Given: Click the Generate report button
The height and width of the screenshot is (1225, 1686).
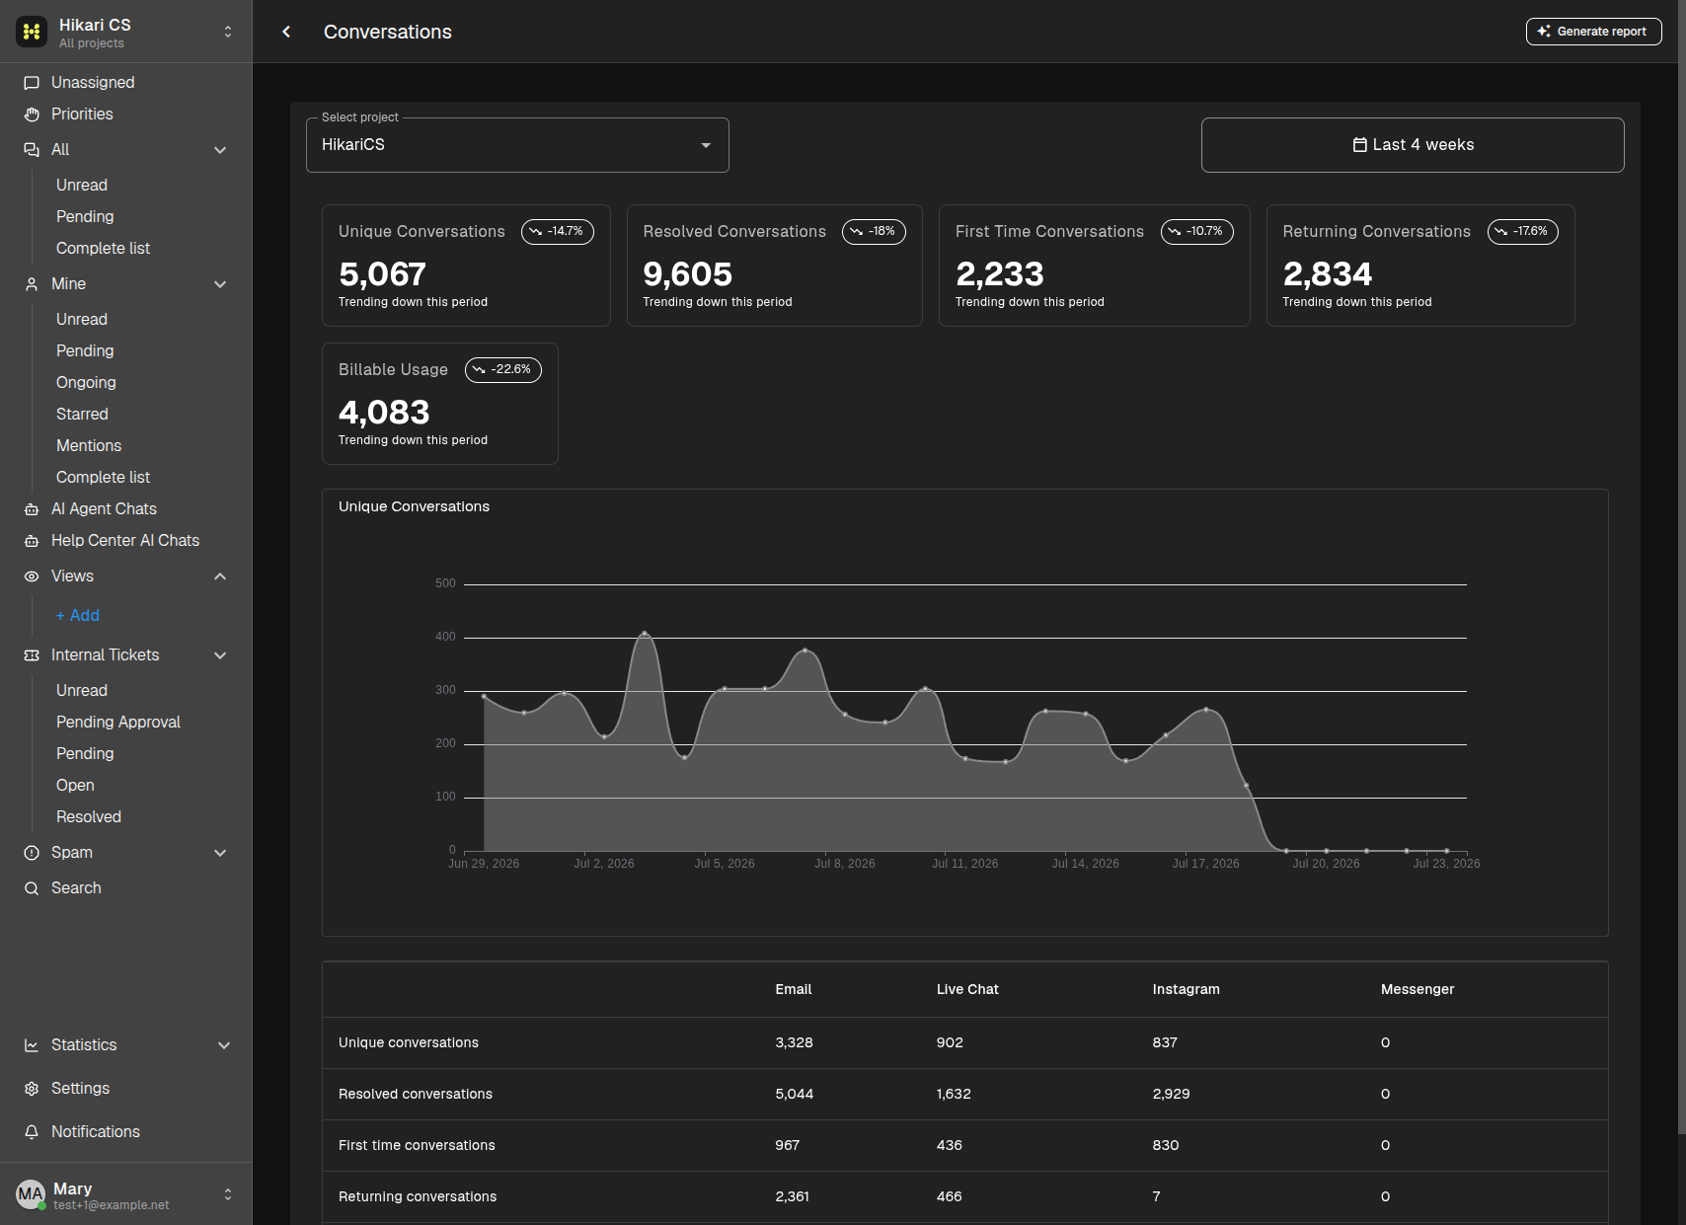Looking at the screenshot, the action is (1593, 32).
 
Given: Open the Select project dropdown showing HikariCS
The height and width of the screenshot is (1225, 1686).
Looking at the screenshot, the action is (517, 144).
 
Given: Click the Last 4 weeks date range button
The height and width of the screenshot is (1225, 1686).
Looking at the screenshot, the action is (1412, 144).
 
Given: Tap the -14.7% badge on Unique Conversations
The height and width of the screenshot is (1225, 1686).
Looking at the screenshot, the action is (557, 231).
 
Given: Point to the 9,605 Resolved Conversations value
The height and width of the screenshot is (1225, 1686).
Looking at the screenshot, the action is (687, 273).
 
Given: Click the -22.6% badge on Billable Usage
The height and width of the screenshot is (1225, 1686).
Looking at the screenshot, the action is (502, 369).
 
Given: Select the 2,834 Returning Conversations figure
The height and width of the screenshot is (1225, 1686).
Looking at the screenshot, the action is (1327, 273).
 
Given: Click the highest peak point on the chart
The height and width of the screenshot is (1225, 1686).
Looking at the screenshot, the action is (645, 634).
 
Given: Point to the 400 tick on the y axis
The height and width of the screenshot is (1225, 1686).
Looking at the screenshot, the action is (445, 637).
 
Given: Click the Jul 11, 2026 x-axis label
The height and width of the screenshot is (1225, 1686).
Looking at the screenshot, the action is (964, 863).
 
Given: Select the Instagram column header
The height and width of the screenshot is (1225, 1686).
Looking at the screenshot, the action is (1186, 989).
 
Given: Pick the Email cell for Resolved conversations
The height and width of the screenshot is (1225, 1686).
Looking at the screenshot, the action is (794, 1094).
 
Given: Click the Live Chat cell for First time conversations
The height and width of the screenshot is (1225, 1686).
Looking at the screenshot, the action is (949, 1144).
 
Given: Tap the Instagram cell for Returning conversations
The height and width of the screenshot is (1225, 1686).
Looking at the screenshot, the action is (1156, 1195).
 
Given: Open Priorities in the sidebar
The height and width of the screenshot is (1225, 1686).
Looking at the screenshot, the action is (82, 115).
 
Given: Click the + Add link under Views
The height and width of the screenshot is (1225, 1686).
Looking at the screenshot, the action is (78, 616).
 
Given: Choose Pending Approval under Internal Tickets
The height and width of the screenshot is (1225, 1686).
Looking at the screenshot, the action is (118, 722).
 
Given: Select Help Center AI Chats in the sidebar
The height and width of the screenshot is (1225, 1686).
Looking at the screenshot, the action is (125, 540).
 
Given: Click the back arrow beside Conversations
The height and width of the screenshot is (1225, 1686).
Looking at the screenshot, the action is (286, 32).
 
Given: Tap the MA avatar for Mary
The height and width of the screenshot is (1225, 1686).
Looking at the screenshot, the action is (31, 1193).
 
